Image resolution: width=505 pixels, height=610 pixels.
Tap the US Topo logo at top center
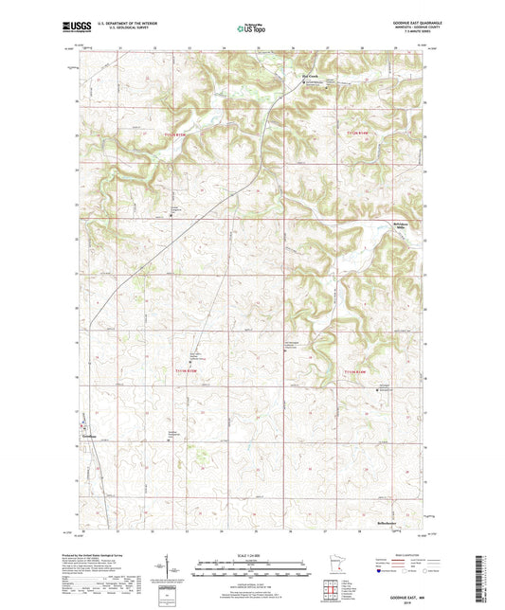(251, 28)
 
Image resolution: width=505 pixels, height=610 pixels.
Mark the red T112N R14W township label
(355, 135)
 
